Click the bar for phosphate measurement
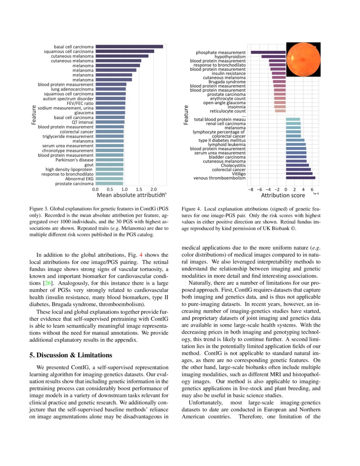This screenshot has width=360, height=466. pyautogui.click(x=268, y=52)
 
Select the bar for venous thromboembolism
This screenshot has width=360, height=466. pyautogui.click(x=300, y=178)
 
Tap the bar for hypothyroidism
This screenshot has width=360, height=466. pyautogui.click(x=273, y=56)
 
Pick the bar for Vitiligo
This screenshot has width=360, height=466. pyautogui.click(x=299, y=174)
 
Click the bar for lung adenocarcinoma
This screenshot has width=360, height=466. pyautogui.click(x=110, y=89)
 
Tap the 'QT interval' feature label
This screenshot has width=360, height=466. pyautogui.click(x=83, y=122)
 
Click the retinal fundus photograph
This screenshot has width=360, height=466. pyautogui.click(x=303, y=59)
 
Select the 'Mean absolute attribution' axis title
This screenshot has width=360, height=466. pyautogui.click(x=131, y=195)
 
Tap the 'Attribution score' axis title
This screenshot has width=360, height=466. pyautogui.click(x=282, y=195)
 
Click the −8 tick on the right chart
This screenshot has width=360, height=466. pyautogui.click(x=251, y=189)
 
